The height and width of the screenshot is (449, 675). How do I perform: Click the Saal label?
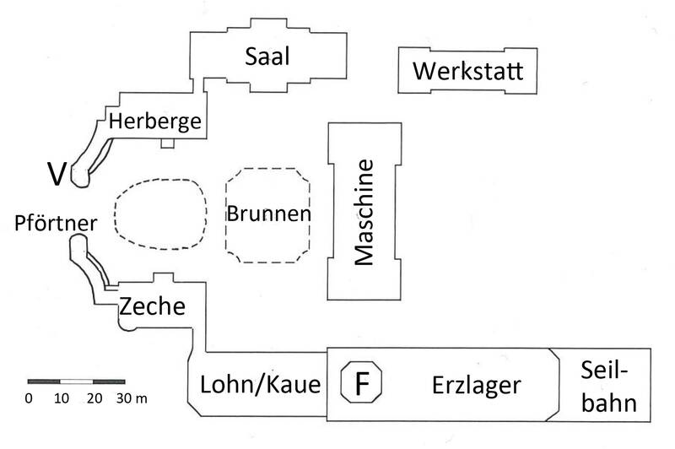pyautogui.click(x=267, y=57)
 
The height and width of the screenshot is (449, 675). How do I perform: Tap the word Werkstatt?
pyautogui.click(x=468, y=71)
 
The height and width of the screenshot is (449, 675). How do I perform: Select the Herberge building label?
pyautogui.click(x=155, y=122)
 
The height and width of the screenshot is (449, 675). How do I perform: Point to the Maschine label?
pyautogui.click(x=364, y=212)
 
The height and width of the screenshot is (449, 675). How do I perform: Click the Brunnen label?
pyautogui.click(x=268, y=214)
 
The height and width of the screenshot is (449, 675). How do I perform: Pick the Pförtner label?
pyautogui.click(x=56, y=223)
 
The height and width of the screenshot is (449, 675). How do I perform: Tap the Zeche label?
pyautogui.click(x=153, y=306)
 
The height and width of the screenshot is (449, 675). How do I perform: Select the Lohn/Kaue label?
pyautogui.click(x=261, y=384)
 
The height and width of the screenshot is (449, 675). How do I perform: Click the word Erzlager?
pyautogui.click(x=477, y=386)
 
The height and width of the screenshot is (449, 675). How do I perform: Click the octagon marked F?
pyautogui.click(x=361, y=381)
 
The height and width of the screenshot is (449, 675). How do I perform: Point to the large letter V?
pyautogui.click(x=57, y=174)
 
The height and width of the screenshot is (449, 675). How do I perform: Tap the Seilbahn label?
pyautogui.click(x=607, y=387)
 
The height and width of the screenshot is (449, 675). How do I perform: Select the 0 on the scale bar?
pyautogui.click(x=29, y=398)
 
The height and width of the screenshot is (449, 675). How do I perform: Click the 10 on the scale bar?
pyautogui.click(x=62, y=398)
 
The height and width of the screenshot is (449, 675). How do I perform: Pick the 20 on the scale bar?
pyautogui.click(x=94, y=398)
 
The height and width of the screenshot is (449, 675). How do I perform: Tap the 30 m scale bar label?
pyautogui.click(x=132, y=398)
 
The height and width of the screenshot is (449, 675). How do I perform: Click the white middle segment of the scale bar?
pyautogui.click(x=76, y=381)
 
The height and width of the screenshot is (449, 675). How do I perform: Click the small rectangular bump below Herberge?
pyautogui.click(x=167, y=143)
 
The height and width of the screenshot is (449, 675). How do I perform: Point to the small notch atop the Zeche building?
pyautogui.click(x=164, y=277)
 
